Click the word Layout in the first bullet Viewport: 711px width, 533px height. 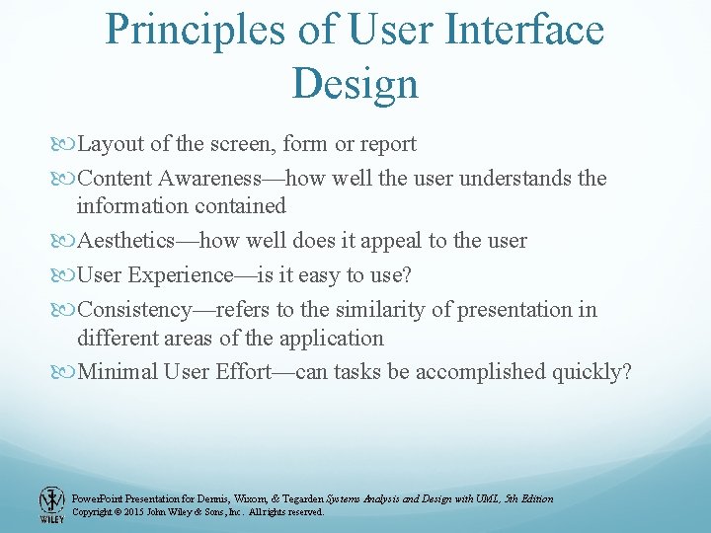tap(111, 144)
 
